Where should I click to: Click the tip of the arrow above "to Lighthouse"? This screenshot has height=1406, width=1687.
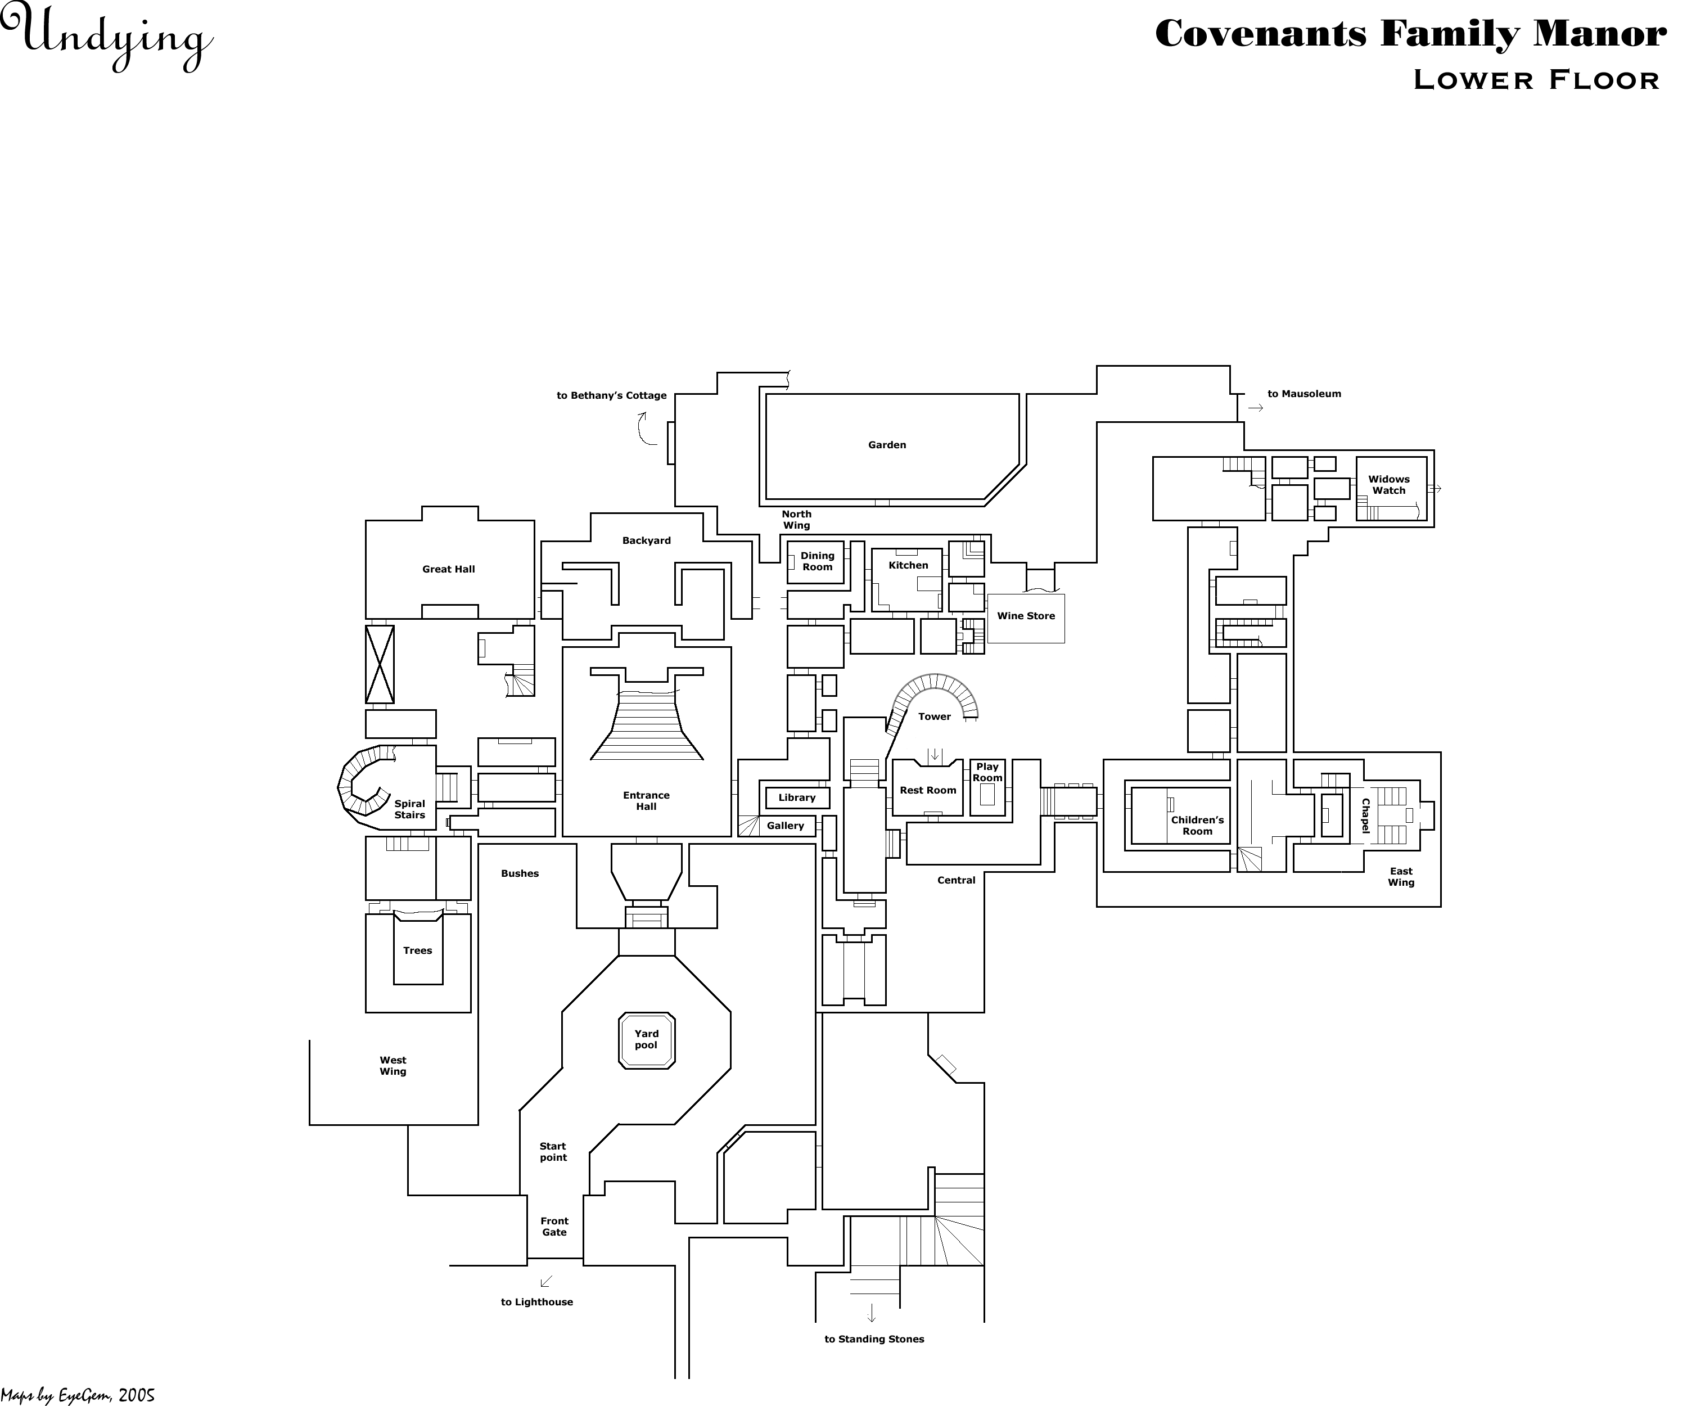[x=542, y=1286]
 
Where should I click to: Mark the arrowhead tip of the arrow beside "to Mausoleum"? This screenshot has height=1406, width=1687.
[x=1264, y=408]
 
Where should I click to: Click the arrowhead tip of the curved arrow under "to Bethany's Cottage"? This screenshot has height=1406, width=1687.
[x=643, y=412]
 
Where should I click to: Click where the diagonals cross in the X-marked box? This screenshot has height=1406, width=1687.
[x=380, y=664]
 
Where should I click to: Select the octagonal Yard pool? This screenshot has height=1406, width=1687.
[x=647, y=1040]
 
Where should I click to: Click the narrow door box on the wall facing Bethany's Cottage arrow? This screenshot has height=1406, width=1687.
[x=671, y=443]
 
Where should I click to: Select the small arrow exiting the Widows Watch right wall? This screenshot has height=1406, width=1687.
[x=1436, y=489]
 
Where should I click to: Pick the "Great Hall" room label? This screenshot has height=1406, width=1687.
[x=449, y=570]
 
